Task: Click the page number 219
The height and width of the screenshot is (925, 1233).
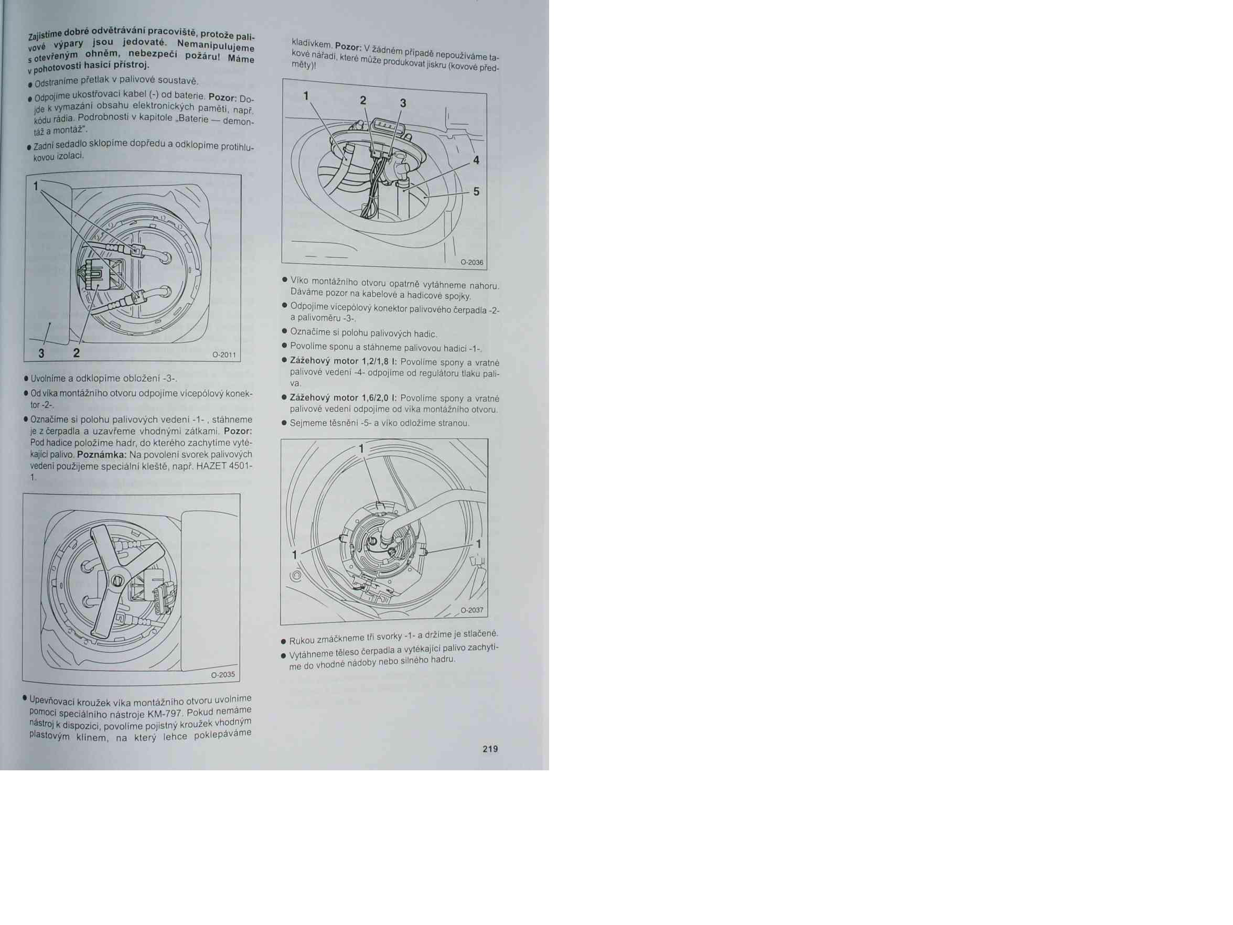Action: click(x=490, y=749)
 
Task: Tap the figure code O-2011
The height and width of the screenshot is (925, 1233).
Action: click(x=224, y=355)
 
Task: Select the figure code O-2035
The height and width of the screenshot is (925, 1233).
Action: click(x=223, y=675)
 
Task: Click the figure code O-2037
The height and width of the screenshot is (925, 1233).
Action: click(x=471, y=610)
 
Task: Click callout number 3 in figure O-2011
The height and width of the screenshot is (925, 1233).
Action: click(x=41, y=353)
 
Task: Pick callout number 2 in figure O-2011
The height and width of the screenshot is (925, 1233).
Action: click(x=77, y=353)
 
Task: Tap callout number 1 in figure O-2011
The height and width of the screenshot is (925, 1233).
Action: click(x=36, y=186)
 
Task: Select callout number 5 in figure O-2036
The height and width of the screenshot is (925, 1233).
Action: click(x=476, y=192)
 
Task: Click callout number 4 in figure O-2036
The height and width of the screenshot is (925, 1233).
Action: click(x=476, y=160)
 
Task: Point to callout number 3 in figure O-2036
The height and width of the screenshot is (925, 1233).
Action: click(x=403, y=103)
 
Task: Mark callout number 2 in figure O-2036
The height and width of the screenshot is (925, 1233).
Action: click(x=363, y=100)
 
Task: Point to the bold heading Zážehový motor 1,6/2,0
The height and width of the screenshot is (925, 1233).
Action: click(x=344, y=398)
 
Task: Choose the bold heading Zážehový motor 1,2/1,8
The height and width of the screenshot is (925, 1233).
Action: click(x=344, y=361)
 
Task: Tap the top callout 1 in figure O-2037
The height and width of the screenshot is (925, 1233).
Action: click(x=362, y=448)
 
